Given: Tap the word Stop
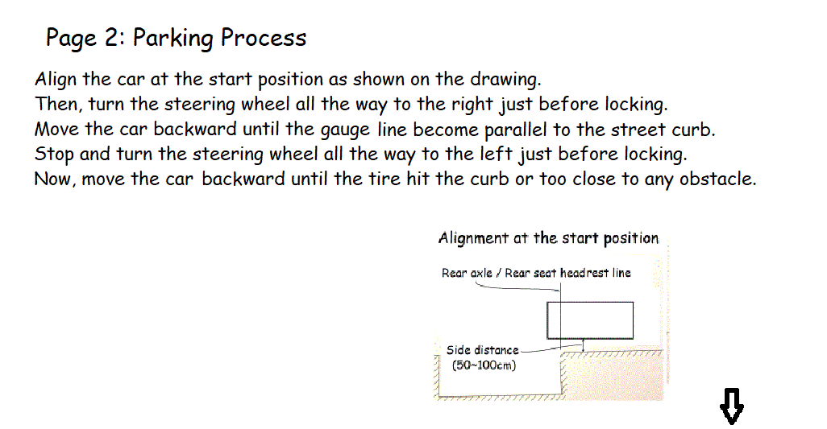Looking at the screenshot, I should (54, 155).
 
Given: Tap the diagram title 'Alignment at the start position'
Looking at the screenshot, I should (548, 238).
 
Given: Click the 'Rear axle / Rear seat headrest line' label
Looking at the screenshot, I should (536, 273).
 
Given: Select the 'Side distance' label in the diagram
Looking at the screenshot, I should (483, 350).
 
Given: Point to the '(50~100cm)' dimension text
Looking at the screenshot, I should (484, 365).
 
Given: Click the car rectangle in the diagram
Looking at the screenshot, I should (590, 320).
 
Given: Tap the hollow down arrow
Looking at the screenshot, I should (731, 406).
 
